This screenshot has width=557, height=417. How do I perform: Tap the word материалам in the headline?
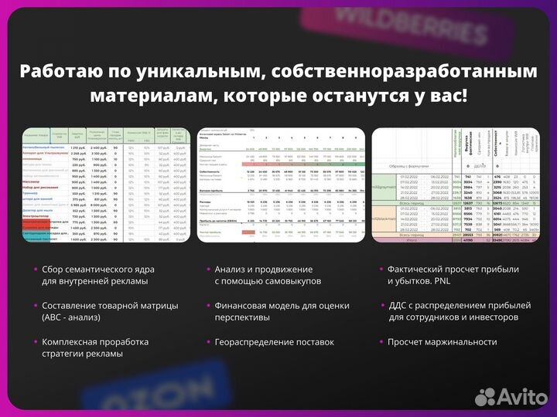tap(142, 96)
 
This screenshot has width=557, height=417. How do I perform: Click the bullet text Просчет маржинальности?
tap(442, 341)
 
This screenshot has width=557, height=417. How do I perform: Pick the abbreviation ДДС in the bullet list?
tap(402, 306)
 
